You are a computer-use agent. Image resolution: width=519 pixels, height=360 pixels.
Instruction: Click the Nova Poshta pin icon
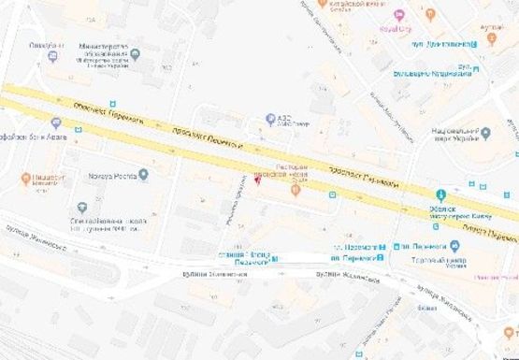click(x=143, y=174)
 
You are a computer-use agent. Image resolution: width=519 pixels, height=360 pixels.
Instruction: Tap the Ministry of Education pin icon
click(x=135, y=55)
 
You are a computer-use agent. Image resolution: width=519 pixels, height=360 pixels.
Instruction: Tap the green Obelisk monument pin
click(x=441, y=194)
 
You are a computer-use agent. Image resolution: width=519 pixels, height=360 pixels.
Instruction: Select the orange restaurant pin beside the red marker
click(x=296, y=190)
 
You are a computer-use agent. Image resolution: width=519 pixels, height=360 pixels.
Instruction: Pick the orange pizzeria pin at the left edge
click(x=26, y=177)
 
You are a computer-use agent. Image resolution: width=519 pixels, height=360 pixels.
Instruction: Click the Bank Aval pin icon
click(x=55, y=123)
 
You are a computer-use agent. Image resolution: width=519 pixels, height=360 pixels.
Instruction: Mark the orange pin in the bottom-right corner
click(x=511, y=333)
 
